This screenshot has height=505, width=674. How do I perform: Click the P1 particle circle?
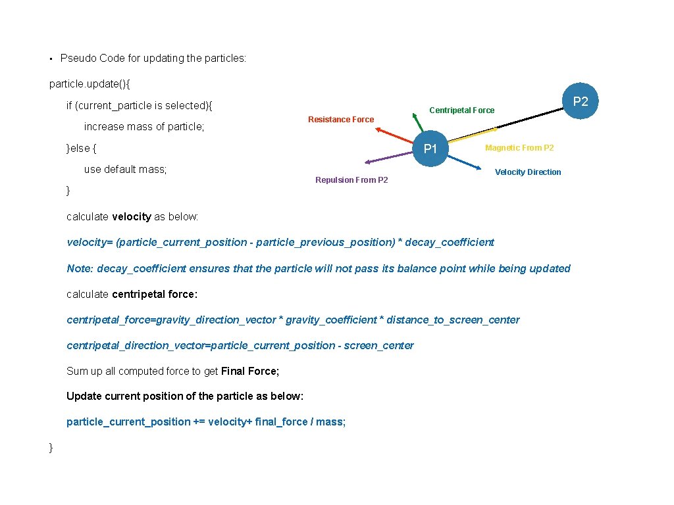point(430,149)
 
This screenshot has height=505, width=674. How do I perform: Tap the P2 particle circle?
point(580,101)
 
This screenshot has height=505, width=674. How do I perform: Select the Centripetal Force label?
point(461,110)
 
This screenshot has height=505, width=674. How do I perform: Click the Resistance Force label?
point(341,120)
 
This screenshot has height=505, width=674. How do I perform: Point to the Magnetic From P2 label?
point(519,148)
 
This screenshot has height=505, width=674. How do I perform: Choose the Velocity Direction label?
point(528,172)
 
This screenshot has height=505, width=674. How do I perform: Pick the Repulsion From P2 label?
point(351,180)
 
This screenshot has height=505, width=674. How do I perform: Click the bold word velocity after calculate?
point(132,217)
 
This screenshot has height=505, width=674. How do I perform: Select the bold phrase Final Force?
point(250,372)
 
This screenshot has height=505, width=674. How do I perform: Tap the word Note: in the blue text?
point(80,268)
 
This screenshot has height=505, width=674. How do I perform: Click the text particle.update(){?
point(90,84)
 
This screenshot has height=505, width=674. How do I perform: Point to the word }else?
point(78,149)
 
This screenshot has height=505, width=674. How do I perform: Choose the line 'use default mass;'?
point(125,170)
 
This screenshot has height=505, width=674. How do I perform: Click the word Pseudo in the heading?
point(78,59)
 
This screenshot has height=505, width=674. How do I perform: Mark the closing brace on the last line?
point(51,448)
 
